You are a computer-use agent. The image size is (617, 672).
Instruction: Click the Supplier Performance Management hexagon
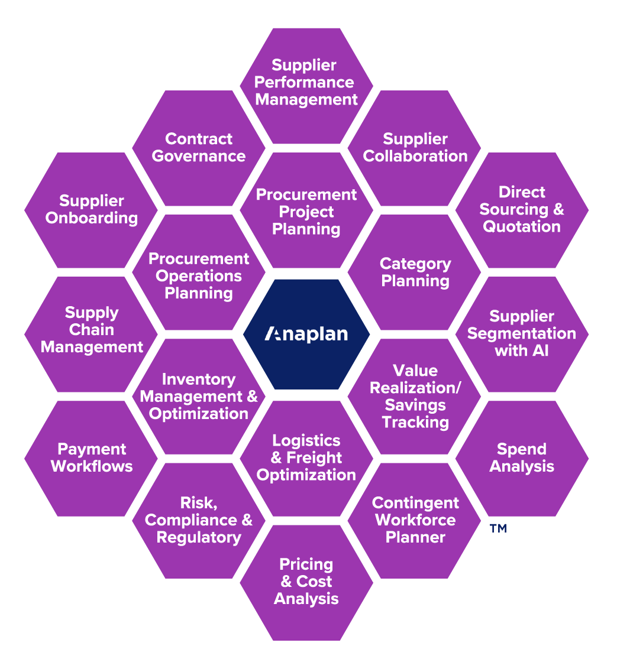pos(306,83)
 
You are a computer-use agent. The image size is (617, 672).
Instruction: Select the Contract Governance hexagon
pos(199,148)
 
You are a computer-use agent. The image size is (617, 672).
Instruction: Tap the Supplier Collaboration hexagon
pos(415,148)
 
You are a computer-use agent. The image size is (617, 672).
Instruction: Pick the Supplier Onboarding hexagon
pos(92,210)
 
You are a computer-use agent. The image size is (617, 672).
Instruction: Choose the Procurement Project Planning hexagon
pos(306,212)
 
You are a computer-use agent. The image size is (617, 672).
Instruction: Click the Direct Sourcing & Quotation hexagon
pos(522,210)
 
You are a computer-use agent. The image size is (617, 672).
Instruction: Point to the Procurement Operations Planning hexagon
pos(199,275)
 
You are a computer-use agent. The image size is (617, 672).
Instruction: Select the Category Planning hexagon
pos(415,272)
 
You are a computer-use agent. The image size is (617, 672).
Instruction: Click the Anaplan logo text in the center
pos(306,335)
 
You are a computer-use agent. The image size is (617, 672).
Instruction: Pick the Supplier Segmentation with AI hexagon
pos(522,333)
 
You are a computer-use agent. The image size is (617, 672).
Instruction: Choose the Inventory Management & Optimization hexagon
pos(199,397)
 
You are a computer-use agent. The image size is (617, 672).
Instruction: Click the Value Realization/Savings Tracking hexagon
pos(415,397)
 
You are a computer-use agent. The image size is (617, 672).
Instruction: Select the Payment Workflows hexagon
pos(92,458)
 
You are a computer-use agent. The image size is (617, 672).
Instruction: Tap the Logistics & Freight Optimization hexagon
pos(306,458)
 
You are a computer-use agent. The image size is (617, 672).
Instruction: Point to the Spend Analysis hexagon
pos(522,458)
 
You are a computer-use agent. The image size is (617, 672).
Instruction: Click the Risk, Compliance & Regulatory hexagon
pos(199,520)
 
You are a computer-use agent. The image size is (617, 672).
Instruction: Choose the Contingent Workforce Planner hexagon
pos(415,520)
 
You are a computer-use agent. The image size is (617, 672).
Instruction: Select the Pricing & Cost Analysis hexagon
pos(306,582)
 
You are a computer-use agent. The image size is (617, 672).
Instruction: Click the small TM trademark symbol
pos(498,528)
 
